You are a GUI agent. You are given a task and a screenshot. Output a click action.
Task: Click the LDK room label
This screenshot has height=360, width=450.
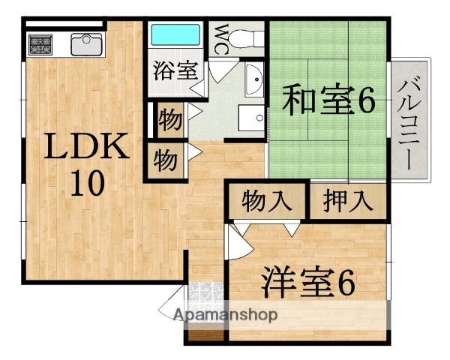(85, 148)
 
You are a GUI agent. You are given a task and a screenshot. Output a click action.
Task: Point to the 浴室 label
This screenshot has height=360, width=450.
(176, 71)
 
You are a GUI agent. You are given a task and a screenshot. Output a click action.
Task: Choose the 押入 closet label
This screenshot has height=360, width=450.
(347, 201)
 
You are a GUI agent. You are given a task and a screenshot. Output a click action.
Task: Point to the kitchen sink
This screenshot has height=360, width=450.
(88, 44)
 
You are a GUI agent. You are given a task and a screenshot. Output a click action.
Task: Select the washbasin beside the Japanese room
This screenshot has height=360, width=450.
(253, 78)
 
